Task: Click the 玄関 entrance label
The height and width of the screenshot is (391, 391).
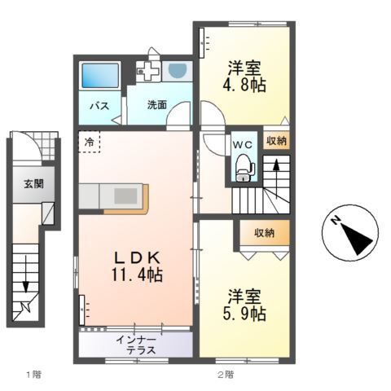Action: tap(33, 183)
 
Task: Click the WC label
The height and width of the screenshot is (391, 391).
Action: tap(243, 141)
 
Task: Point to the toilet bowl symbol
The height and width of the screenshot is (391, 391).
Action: tap(243, 168)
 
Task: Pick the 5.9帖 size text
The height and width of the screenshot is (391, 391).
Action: tap(244, 312)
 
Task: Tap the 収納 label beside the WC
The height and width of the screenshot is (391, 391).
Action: tap(276, 141)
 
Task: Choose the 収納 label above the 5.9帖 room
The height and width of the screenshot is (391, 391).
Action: tap(263, 234)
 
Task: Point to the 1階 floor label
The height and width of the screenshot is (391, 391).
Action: tap(33, 375)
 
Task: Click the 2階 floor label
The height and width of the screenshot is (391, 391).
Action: tap(226, 375)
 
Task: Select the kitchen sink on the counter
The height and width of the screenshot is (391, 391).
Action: tap(126, 195)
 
